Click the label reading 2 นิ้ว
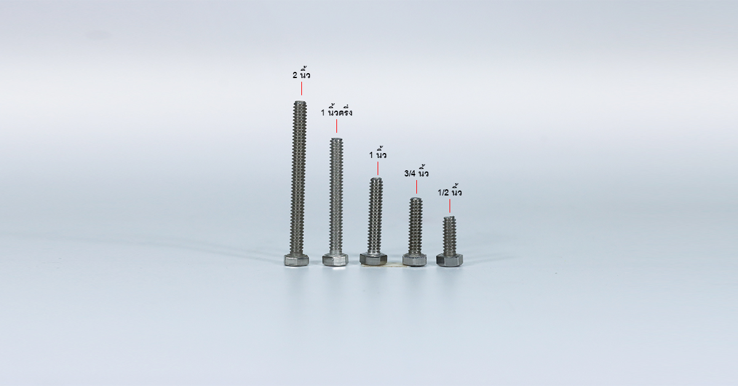point(301,74)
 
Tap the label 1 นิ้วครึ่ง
point(336,111)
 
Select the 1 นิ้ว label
point(378,154)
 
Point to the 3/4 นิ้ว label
point(416,172)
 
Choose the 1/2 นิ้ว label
point(450,191)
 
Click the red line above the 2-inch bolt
point(301,89)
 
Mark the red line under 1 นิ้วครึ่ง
point(336,126)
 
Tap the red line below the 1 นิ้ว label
point(378,168)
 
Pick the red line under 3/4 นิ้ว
point(416,187)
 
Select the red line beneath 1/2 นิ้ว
point(450,206)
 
